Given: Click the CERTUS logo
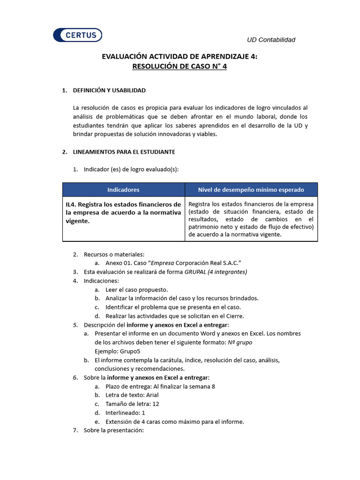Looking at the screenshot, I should tap(77, 35).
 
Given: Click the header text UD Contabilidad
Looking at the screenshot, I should tap(271, 40).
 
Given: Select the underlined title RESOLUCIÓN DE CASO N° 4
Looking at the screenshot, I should tap(180, 67).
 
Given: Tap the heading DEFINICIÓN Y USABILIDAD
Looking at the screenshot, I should tap(109, 90).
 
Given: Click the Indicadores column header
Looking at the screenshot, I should tap(123, 190).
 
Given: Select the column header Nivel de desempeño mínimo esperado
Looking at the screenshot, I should tap(251, 190).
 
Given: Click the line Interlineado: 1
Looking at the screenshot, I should tap(125, 413).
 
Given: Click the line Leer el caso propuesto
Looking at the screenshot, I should tap(136, 290).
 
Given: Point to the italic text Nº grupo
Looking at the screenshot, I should tap(240, 343).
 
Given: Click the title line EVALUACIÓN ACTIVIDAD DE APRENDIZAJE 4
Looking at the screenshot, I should tap(180, 56).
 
